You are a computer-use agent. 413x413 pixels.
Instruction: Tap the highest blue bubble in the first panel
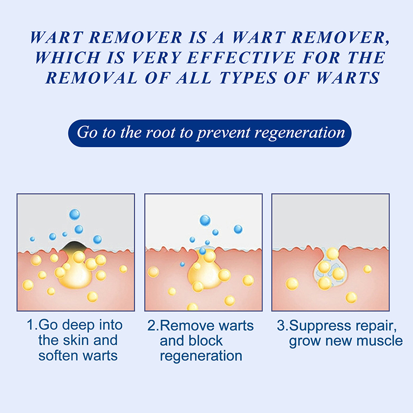coord(74,214)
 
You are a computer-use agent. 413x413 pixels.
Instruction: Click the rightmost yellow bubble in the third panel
coord(367,269)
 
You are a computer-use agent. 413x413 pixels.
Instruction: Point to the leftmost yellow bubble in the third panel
coord(292,283)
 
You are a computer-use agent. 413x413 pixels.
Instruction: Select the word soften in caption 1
coord(56,355)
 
